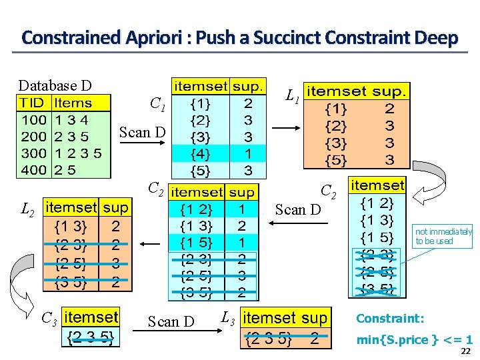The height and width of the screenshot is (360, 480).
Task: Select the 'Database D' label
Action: click(x=55, y=85)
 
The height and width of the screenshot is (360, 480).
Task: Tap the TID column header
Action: click(x=32, y=103)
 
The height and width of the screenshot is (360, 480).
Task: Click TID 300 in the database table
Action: click(x=33, y=153)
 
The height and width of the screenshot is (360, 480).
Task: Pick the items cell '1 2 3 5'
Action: click(x=78, y=153)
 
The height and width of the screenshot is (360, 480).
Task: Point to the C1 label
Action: click(x=157, y=104)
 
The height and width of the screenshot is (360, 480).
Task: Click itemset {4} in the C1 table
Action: click(x=201, y=153)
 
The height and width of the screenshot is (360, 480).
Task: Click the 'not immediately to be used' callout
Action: click(x=443, y=236)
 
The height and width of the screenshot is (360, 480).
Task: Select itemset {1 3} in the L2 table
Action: click(x=69, y=225)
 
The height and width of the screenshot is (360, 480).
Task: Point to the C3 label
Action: click(x=48, y=317)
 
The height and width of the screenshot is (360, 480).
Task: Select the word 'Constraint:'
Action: click(x=390, y=319)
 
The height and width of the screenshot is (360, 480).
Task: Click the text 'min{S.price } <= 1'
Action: click(x=414, y=339)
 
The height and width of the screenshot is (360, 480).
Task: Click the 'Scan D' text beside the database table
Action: click(x=142, y=132)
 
